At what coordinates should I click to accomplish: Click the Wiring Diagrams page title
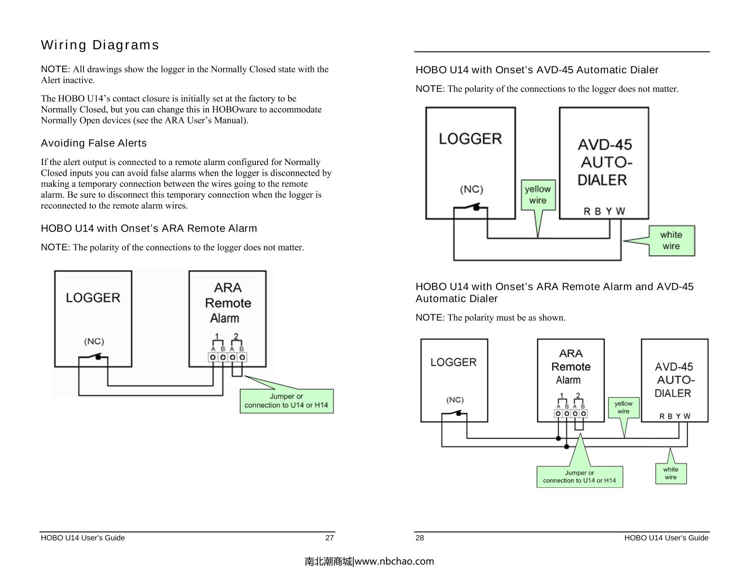click(100, 45)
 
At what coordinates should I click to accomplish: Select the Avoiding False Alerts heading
click(94, 143)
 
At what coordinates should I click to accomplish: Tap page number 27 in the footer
click(329, 538)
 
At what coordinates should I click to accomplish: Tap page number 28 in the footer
click(420, 538)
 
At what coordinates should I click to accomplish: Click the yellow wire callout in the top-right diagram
click(538, 195)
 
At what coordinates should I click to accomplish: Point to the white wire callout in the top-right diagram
click(671, 240)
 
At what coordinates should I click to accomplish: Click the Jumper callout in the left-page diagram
click(286, 401)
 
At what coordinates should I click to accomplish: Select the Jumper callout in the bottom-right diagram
click(579, 477)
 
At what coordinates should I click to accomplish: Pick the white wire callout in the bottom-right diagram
click(670, 473)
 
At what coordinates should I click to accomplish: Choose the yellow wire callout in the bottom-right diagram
click(623, 407)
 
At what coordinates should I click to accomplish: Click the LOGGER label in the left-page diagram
click(93, 298)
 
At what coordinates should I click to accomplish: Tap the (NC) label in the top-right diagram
click(471, 189)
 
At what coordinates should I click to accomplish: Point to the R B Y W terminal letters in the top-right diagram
click(604, 211)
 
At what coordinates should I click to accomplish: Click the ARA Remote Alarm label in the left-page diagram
click(228, 303)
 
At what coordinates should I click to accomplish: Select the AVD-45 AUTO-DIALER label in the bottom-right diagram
click(674, 380)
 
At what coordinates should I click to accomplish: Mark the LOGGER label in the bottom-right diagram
click(453, 362)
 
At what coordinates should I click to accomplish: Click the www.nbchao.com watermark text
click(369, 561)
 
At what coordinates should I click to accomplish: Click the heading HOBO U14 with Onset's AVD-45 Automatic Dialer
click(537, 70)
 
